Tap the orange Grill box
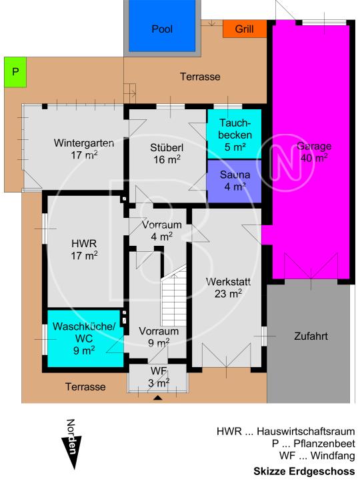coord(244,29)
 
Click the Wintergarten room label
coord(83,148)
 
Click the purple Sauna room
coord(235,181)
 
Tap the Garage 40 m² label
coord(313,152)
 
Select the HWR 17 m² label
coord(85,248)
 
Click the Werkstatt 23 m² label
coord(227,287)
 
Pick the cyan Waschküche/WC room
coord(84,338)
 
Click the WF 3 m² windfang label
coord(159,376)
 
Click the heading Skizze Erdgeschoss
coord(303,471)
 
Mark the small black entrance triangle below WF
coord(157,398)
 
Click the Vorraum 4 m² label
coord(158,230)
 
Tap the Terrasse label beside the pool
coord(200,77)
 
